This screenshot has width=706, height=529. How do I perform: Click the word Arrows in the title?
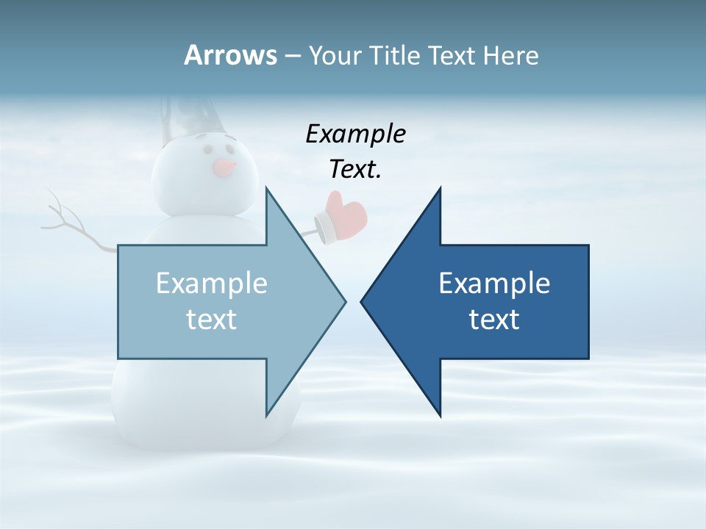point(230,55)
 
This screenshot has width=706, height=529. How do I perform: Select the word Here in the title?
point(510,55)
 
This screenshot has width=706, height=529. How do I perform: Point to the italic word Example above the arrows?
point(355,134)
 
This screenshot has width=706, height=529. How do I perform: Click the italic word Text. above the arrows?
point(355,169)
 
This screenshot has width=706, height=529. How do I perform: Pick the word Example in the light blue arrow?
point(212,283)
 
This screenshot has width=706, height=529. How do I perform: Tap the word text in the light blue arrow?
point(212,319)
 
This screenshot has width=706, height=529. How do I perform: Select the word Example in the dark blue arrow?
point(494,283)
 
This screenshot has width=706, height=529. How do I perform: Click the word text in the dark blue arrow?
point(494,319)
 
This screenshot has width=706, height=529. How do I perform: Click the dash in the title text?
point(292,56)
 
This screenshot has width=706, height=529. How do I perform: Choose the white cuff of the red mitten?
point(324,227)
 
